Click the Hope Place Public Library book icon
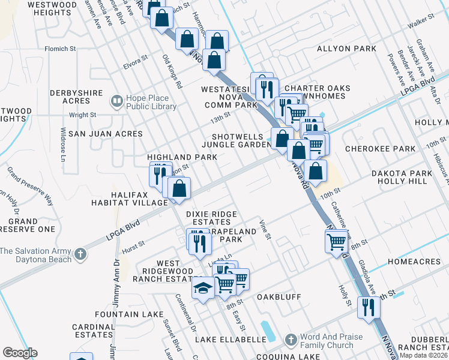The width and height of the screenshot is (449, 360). [x=116, y=100]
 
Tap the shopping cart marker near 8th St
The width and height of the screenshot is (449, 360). [x=337, y=242]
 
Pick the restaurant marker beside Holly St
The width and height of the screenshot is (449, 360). [x=368, y=307]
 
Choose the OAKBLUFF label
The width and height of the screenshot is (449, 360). [x=278, y=296]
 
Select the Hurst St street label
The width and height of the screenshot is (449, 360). [x=133, y=245]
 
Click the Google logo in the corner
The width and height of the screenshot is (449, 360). [x=20, y=353]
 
